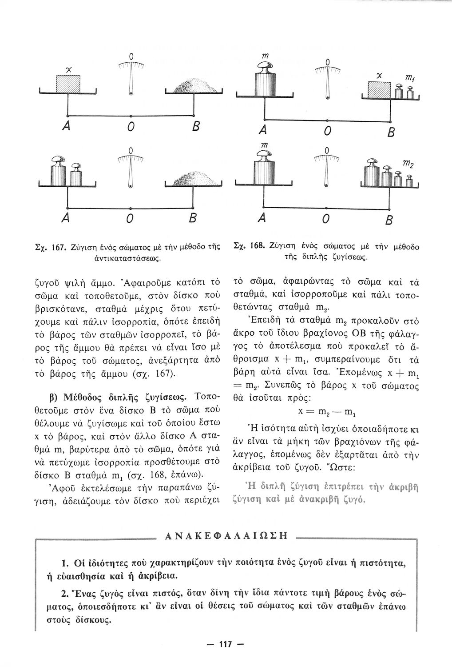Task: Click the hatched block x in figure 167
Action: pyautogui.click(x=68, y=83)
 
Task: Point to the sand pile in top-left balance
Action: pyautogui.click(x=194, y=84)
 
